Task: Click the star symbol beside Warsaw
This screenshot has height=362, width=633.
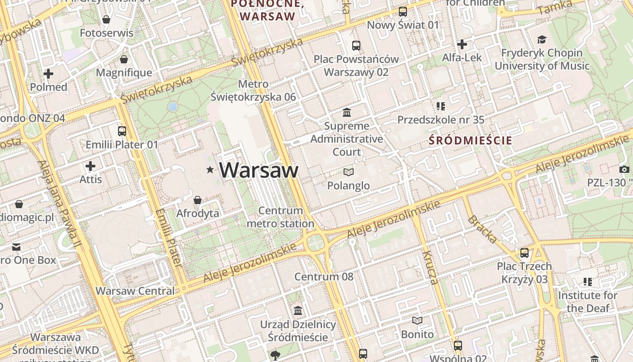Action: point(210,170)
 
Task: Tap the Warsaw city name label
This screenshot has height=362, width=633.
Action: point(259,170)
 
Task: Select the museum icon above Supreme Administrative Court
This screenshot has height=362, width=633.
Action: point(347,112)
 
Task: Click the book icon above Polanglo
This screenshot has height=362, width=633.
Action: point(348,172)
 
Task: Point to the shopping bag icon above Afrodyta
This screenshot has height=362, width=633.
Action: point(198,200)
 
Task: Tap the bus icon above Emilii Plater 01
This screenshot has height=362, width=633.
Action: point(122,131)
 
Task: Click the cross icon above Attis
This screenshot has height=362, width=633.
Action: point(90,166)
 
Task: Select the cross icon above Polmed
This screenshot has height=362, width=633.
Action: point(48,74)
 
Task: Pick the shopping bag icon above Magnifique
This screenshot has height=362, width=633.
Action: point(124,60)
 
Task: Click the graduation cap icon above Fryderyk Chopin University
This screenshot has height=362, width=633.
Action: point(542,40)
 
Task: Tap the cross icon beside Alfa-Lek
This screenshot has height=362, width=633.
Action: point(462,44)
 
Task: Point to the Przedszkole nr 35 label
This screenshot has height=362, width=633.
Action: point(441,120)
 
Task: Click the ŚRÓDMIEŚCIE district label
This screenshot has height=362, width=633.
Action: point(470,140)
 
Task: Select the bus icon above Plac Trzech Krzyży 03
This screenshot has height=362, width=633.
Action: point(524,253)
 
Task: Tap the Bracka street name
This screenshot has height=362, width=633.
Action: point(482,229)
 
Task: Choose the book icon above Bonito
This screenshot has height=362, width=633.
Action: point(417,321)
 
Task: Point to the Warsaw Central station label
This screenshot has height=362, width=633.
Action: point(135,291)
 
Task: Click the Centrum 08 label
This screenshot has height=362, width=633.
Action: point(324,276)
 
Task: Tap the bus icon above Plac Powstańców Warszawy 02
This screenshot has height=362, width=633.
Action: point(356,46)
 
